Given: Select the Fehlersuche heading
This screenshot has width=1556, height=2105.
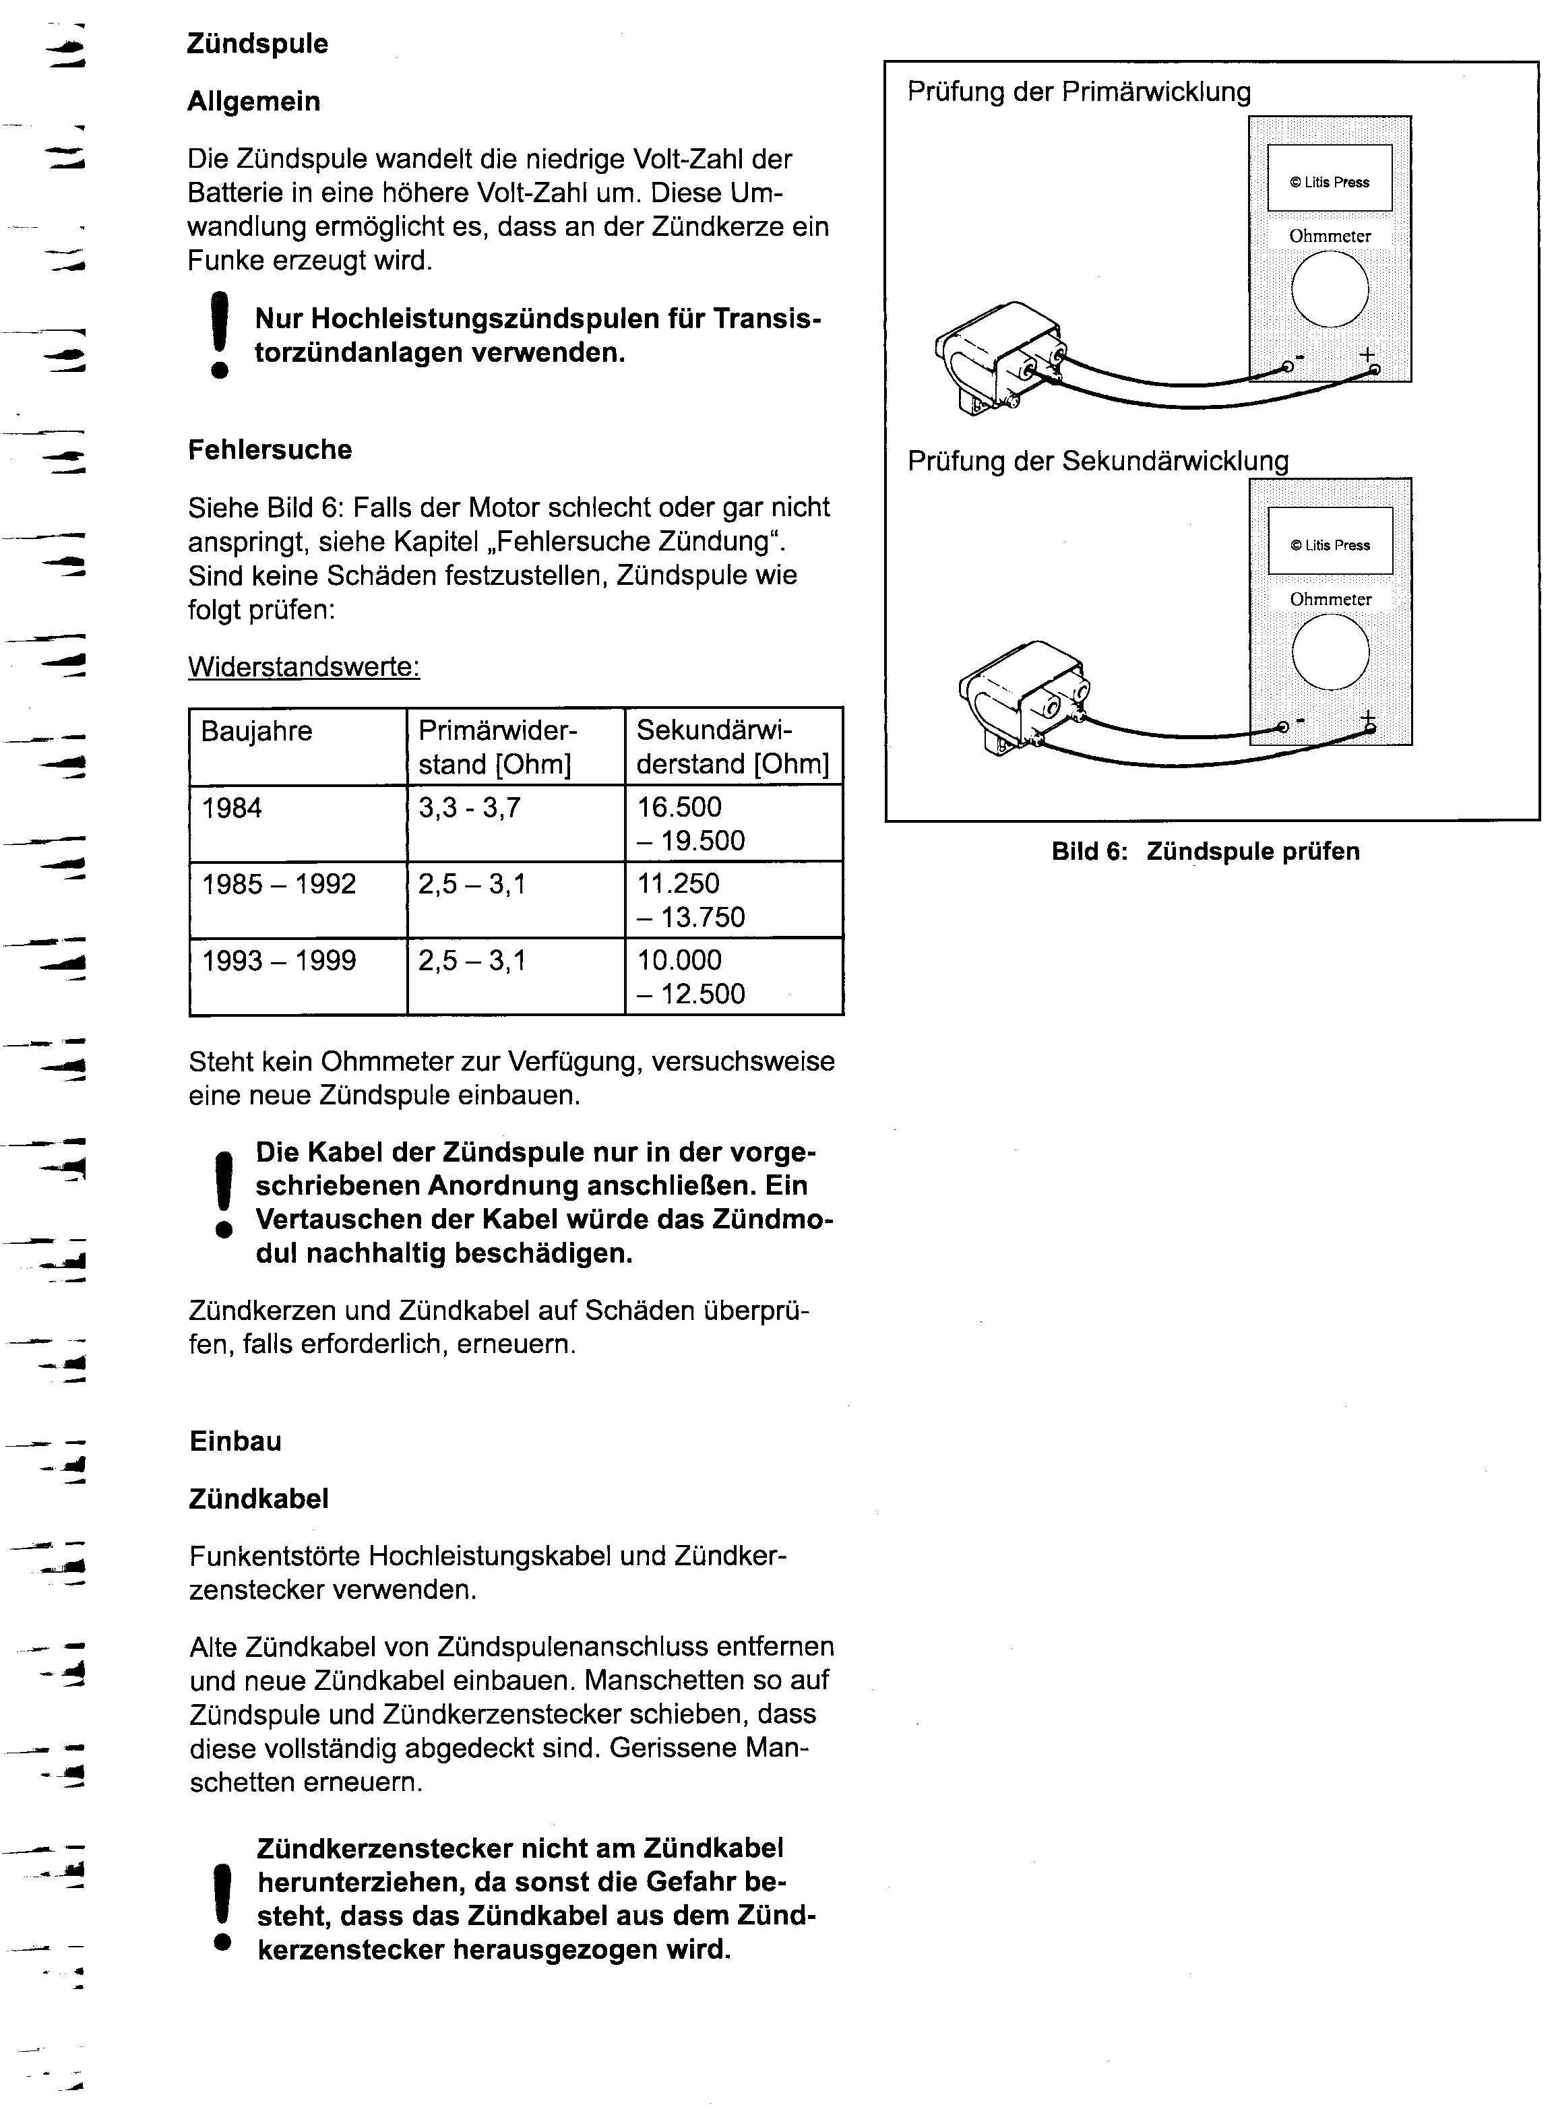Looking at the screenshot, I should click(270, 450).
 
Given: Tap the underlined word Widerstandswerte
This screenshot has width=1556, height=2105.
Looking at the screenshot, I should click(303, 667).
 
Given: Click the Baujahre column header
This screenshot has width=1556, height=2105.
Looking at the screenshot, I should click(256, 731).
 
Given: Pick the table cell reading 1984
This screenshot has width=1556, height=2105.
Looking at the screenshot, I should click(232, 808).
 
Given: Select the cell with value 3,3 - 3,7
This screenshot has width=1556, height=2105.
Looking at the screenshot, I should click(469, 808).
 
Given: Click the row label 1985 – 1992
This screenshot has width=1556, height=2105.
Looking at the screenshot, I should click(279, 884).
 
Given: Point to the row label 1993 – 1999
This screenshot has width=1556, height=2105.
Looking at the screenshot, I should click(279, 961).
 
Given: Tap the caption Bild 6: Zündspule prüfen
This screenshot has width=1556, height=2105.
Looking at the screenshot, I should click(1206, 852).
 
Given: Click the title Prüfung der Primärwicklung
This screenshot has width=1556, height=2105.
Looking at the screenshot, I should click(1078, 92).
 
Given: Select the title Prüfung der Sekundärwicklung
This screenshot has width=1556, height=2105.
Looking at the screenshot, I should click(1097, 462).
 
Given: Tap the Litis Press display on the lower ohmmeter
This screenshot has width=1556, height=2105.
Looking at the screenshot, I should click(1330, 544).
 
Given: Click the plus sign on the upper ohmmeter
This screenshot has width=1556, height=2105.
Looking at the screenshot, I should click(1367, 355).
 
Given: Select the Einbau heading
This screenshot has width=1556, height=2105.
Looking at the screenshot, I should click(235, 1441).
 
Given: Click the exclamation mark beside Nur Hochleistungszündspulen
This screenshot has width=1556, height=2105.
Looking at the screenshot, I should click(220, 336).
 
